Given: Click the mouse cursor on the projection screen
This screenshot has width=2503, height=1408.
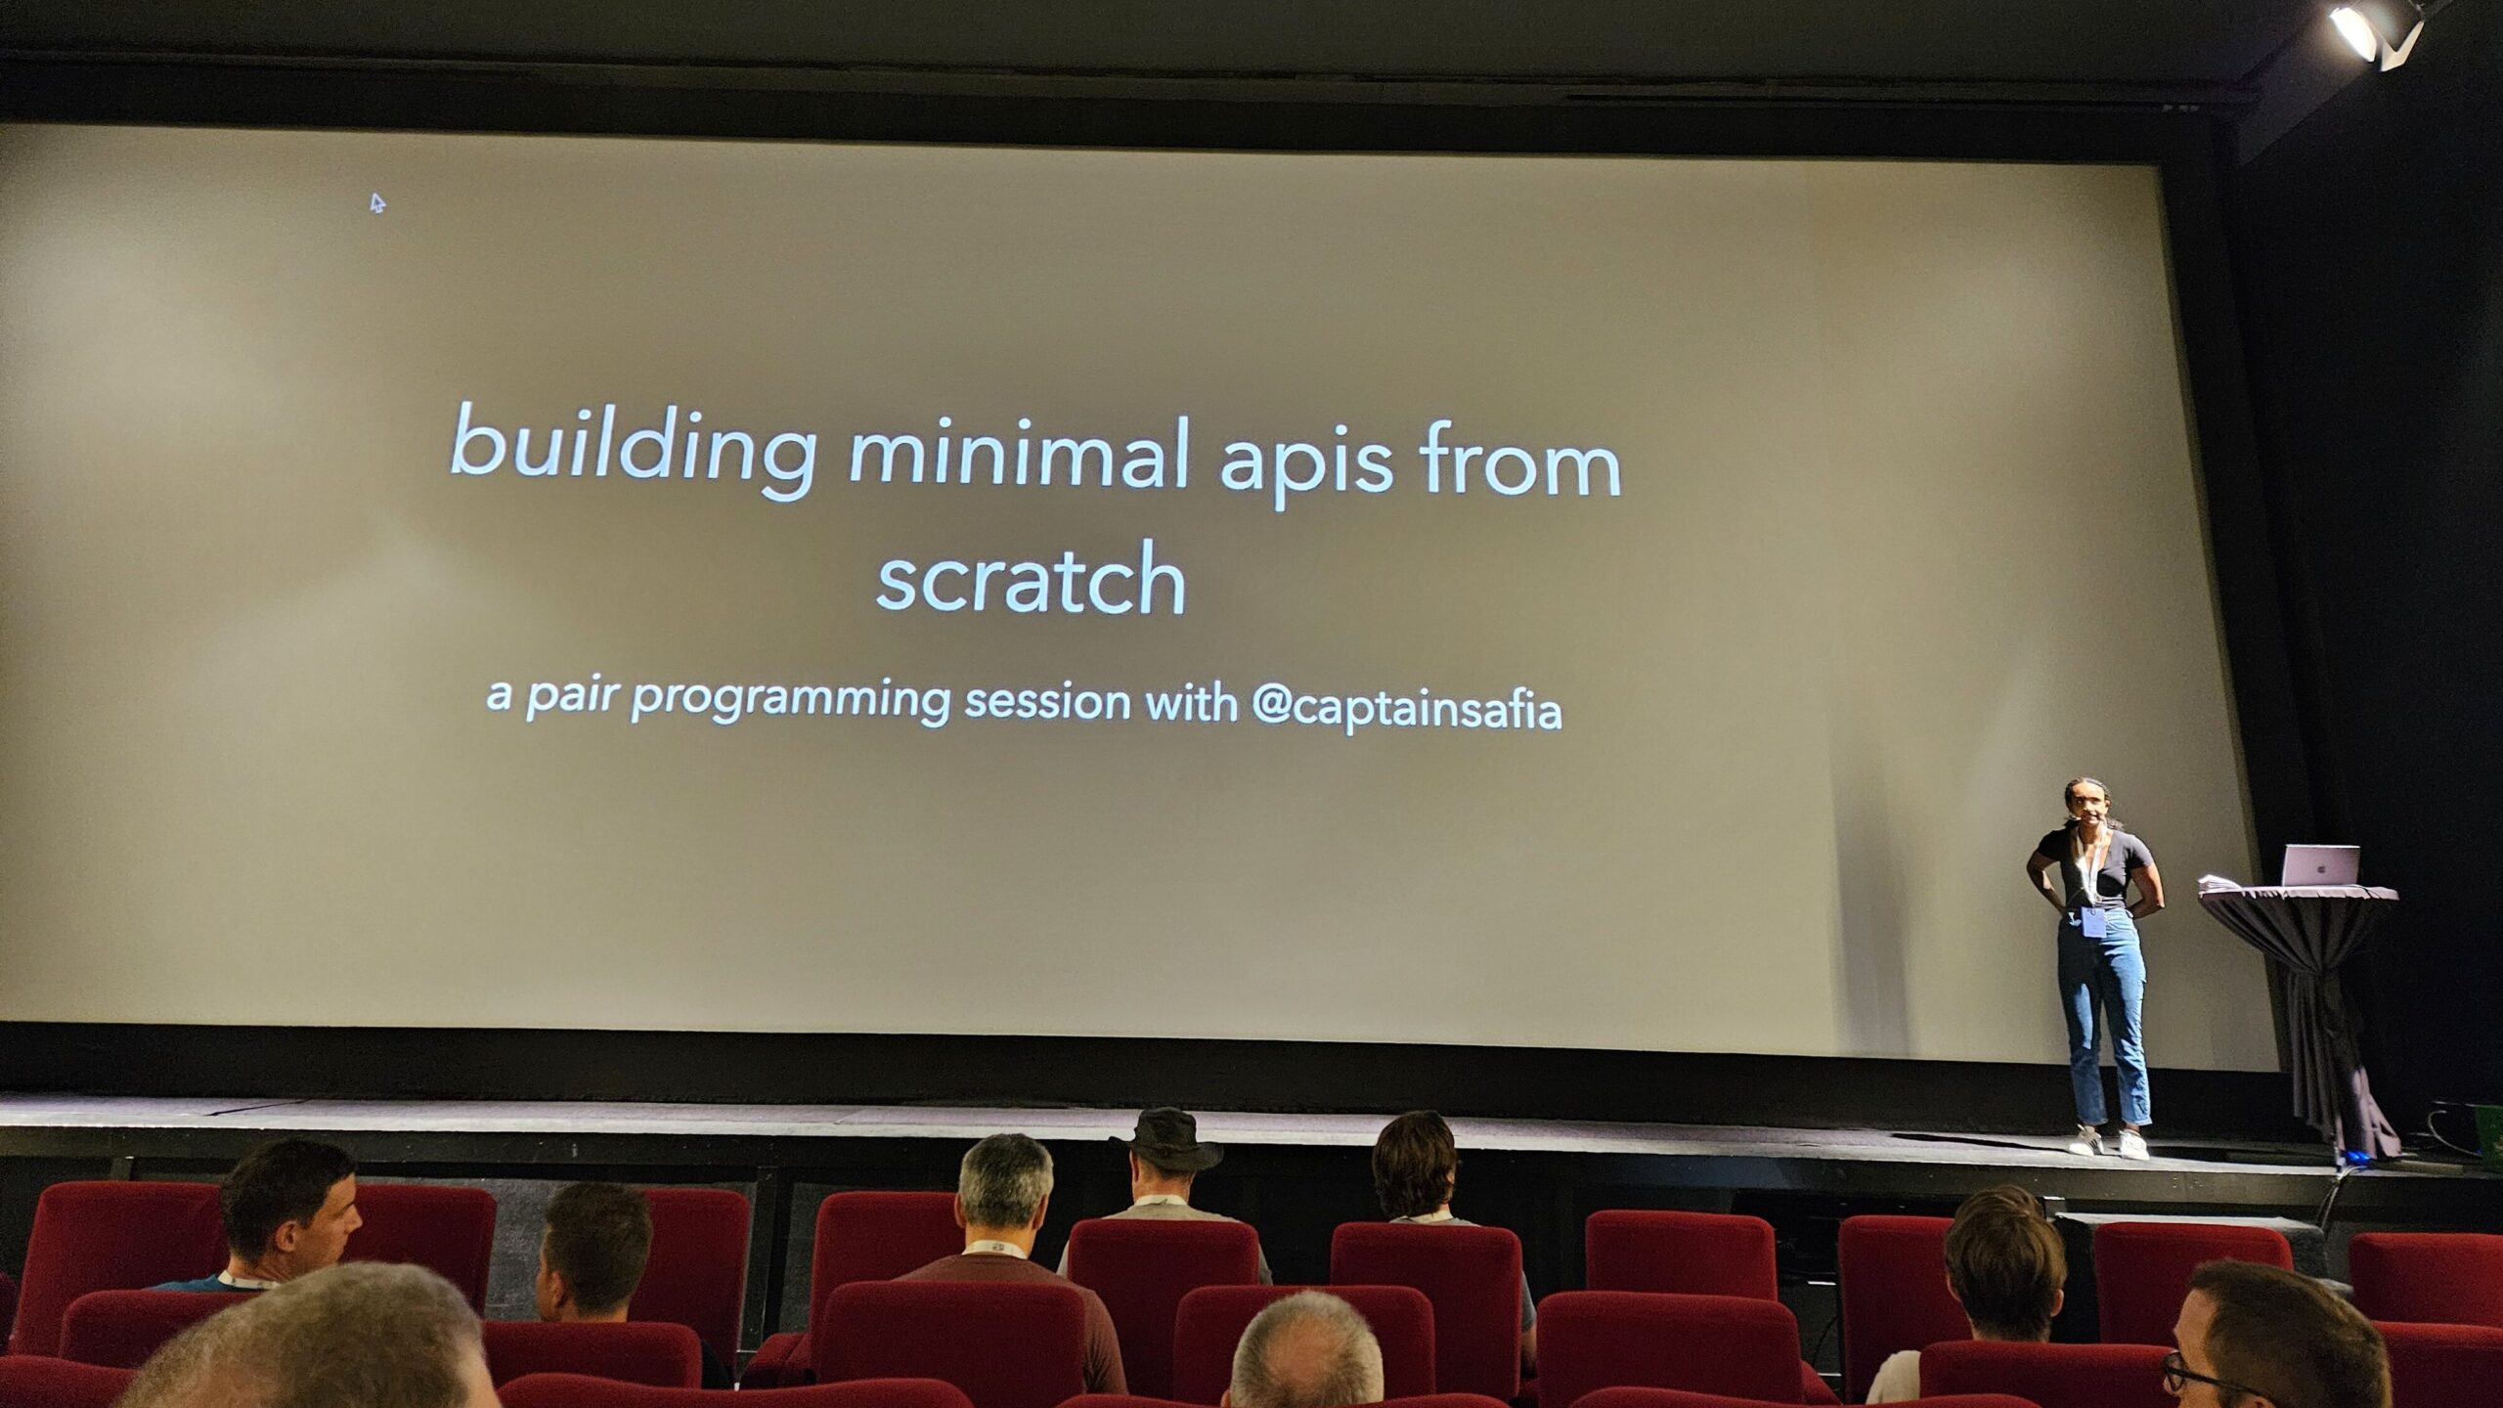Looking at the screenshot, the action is coord(377,202).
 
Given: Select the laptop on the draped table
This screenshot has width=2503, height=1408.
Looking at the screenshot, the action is coord(2320,864).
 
